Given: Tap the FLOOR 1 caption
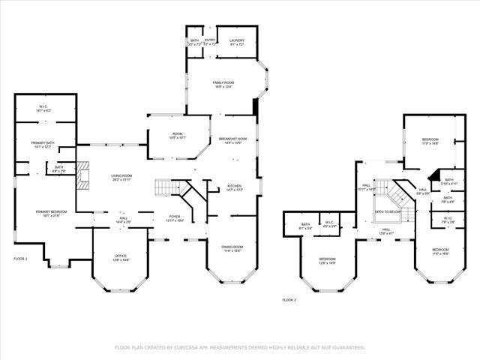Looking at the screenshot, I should tap(20, 258).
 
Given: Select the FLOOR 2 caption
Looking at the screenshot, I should tap(289, 299).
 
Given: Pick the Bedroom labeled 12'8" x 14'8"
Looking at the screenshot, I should tap(327, 260).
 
